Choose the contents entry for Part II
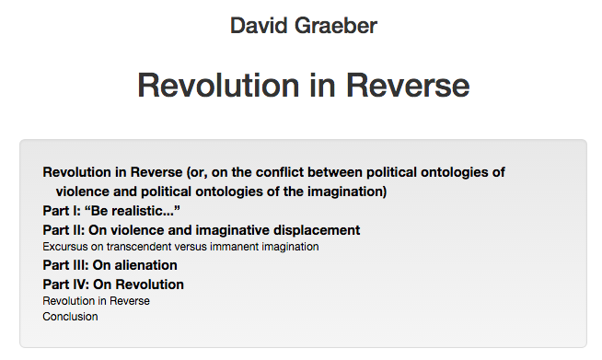click(x=201, y=229)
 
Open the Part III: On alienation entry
click(x=110, y=265)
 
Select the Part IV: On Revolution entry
click(x=113, y=284)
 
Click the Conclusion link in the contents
click(x=70, y=317)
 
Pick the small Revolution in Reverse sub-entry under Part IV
click(x=96, y=300)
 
